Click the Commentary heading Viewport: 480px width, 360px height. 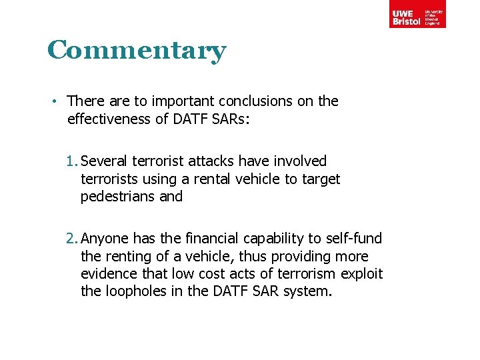[x=137, y=51]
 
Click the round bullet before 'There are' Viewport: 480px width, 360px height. [x=58, y=101]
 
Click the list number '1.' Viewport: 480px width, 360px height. [x=72, y=161]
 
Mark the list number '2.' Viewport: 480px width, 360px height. [x=72, y=239]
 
